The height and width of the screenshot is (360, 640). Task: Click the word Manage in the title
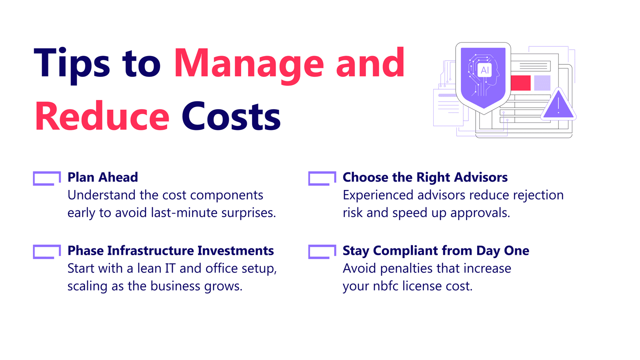[249, 66]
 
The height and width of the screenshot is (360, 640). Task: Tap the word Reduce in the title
[102, 116]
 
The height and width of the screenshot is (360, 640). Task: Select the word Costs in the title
[231, 116]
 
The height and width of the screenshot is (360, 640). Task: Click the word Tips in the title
[72, 66]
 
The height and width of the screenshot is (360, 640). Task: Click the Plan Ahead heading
[103, 177]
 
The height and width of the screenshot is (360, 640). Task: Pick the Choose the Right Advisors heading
[425, 178]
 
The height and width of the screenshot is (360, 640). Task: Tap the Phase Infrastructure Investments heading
[170, 250]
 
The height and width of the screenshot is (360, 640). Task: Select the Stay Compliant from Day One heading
[436, 251]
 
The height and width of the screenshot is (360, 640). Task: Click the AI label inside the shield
[485, 70]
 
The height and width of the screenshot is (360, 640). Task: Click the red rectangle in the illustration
[520, 83]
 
